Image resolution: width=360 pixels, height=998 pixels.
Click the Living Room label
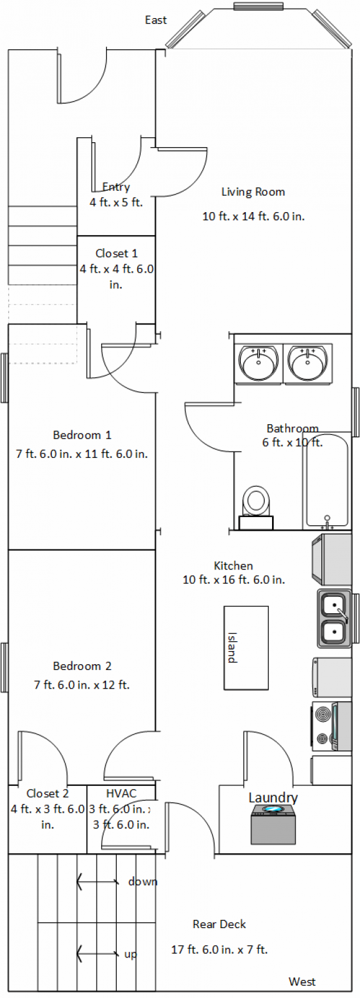pos(253,192)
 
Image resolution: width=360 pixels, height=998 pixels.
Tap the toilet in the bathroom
pos(256,507)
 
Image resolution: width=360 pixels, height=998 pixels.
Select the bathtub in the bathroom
pos(326,481)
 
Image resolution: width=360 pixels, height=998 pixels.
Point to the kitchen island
pos(246,648)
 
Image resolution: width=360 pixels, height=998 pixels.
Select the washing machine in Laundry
pos(273,824)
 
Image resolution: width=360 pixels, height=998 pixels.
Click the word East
pos(156,20)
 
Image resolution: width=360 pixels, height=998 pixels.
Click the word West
pos(302,982)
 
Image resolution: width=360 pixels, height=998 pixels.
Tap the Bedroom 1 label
pos(82,435)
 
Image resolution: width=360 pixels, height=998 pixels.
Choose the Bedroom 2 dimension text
pos(82,685)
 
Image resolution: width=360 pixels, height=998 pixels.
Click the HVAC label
pos(121,793)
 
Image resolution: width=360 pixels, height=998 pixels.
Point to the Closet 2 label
pos(47,793)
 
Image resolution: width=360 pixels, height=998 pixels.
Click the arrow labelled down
pos(98,881)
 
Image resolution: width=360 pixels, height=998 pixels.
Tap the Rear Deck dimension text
pos(220,949)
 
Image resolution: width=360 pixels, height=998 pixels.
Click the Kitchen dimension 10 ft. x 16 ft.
pos(233,579)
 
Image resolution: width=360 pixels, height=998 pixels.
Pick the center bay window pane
pos(259,6)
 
